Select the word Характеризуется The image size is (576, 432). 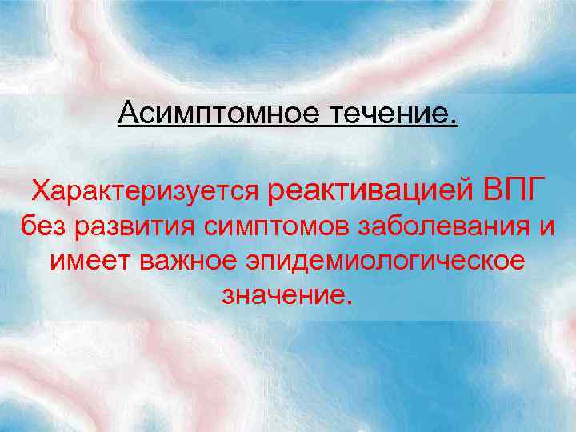click(145, 190)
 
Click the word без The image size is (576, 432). click(45, 226)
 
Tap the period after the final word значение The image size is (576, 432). click(346, 303)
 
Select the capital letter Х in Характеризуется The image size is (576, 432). click(39, 190)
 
